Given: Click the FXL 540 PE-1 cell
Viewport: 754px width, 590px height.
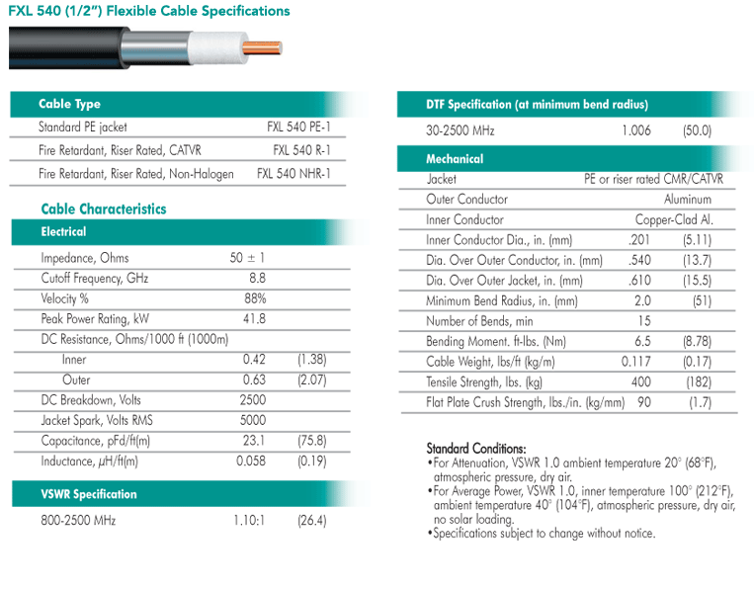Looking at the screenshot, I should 298,126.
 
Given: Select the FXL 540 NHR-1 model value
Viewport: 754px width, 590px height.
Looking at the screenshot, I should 293,173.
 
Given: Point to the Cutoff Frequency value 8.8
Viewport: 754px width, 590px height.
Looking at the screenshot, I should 256,278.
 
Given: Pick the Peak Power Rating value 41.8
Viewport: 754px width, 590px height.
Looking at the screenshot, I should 254,318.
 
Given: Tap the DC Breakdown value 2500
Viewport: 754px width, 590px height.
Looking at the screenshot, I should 253,400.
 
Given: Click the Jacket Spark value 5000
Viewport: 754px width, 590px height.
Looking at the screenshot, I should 253,421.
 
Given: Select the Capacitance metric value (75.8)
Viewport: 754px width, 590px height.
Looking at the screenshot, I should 311,441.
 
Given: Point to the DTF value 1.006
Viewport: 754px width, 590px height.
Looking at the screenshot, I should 636,130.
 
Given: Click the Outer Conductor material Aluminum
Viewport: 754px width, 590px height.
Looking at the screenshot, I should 688,200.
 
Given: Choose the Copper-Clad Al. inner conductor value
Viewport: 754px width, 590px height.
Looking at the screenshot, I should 673,219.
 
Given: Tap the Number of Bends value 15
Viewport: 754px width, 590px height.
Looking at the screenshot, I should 643,320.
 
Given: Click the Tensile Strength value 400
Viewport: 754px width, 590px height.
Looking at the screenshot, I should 642,381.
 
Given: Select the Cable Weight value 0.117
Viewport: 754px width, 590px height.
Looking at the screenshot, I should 636,362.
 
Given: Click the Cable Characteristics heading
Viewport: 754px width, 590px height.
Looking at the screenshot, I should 104,209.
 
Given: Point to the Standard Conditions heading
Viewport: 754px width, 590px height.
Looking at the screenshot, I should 475,448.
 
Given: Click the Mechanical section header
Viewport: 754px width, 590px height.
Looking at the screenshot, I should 455,158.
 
